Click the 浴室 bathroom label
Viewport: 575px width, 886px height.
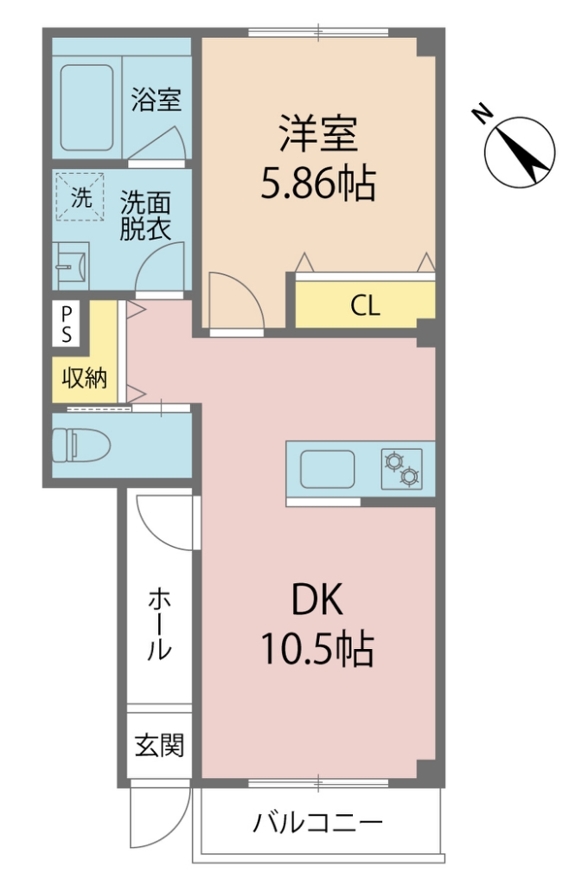point(156,100)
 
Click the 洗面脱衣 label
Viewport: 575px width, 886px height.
point(144,216)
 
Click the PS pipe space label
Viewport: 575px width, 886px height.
point(66,322)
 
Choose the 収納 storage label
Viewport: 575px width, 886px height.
point(84,377)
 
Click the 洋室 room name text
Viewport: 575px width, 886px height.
point(317,138)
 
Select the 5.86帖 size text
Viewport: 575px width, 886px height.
point(317,183)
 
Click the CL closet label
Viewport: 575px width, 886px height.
point(365,306)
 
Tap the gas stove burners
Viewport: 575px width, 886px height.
point(402,468)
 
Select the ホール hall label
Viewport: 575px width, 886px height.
point(158,623)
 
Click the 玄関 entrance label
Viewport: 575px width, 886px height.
point(158,744)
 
